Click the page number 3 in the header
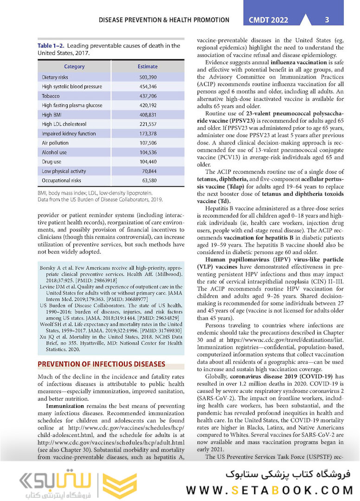point(327,20)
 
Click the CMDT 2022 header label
point(268,20)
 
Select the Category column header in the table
point(74,66)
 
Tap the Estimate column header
point(148,66)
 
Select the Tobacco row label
point(51,96)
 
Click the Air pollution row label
point(55,143)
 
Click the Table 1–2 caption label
point(52,46)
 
